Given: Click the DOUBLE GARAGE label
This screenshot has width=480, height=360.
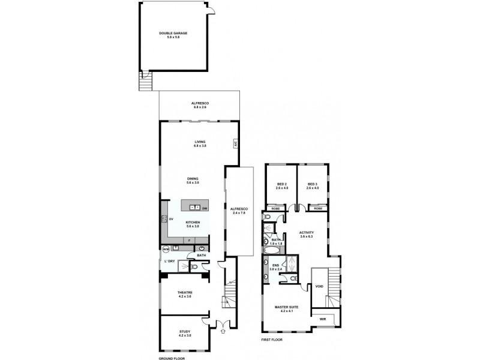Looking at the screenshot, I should [x=173, y=33].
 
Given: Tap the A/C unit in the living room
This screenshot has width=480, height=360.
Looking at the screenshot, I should [x=236, y=143].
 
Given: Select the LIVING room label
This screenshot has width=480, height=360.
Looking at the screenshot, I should [x=199, y=142].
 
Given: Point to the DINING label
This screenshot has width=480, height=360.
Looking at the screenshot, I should [x=193, y=179].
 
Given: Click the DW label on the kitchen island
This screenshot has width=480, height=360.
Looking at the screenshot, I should [x=205, y=208].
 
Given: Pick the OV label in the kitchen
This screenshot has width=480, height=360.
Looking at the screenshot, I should [x=171, y=219].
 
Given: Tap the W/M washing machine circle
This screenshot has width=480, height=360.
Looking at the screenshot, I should [x=166, y=248].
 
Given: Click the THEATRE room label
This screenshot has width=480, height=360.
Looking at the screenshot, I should [x=184, y=292].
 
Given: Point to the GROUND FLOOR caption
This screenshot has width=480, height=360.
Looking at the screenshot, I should [x=172, y=358].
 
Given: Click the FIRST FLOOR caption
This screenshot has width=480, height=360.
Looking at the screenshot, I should [x=273, y=340].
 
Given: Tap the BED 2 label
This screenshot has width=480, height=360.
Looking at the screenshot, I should [x=282, y=184].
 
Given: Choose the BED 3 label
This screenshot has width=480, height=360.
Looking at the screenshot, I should [x=313, y=184].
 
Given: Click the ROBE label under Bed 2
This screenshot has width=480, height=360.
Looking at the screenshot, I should [x=276, y=208].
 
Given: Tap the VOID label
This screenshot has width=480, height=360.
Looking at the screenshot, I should [x=319, y=287].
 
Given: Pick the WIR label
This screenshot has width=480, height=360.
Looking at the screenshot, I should [x=323, y=319].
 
